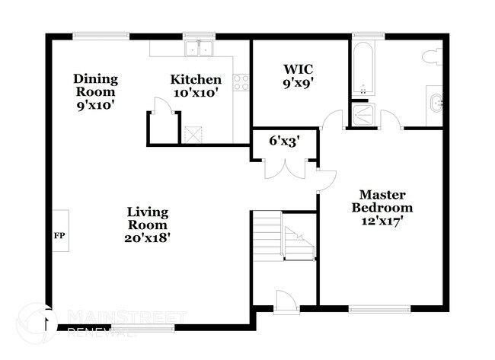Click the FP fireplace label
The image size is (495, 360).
pos(58,235)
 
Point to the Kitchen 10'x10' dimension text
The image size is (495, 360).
pos(196,93)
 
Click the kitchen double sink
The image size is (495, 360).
pos(199,49)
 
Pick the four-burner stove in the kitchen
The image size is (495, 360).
pos(241,82)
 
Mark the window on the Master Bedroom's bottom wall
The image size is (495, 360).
pos(375,309)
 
